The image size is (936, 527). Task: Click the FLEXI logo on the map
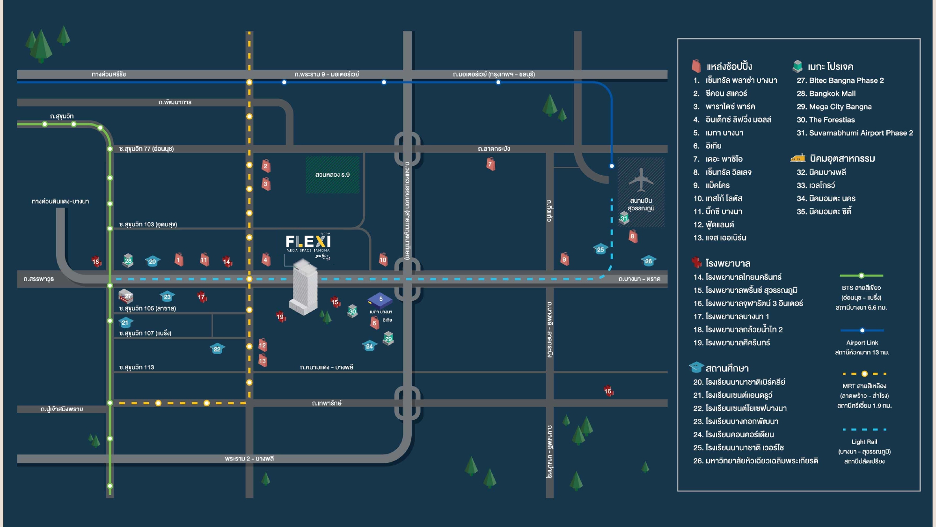(x=308, y=242)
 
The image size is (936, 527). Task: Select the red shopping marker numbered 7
(x=490, y=164)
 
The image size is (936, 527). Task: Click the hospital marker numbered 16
(x=608, y=391)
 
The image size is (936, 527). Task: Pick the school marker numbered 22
(x=217, y=349)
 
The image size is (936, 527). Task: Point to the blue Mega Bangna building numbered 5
(x=380, y=300)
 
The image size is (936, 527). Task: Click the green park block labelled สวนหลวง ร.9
(x=332, y=175)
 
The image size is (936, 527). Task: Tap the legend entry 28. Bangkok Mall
(x=826, y=94)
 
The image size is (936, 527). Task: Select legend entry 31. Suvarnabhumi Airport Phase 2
(x=855, y=133)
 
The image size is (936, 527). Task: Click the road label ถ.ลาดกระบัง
(x=494, y=148)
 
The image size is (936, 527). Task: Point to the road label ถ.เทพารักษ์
(x=327, y=403)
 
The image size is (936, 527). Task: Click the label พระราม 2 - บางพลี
(x=249, y=459)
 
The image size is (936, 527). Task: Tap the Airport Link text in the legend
(x=862, y=342)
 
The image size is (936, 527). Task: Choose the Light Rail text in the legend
(x=864, y=442)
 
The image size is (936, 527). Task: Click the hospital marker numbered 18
(x=96, y=261)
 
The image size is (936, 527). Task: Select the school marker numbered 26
(x=648, y=261)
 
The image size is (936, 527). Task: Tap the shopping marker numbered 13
(x=263, y=361)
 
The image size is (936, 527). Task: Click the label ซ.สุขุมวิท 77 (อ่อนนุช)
(x=146, y=149)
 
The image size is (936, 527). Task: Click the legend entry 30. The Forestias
(x=826, y=120)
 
